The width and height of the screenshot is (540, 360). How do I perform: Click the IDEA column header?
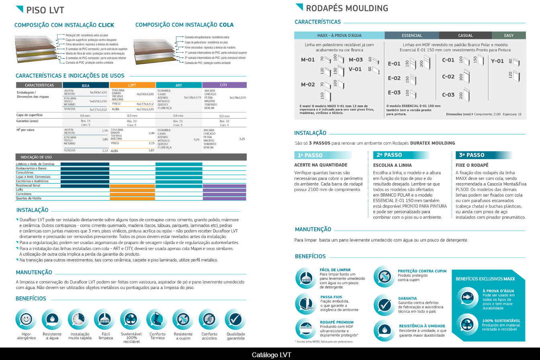coord(86,85)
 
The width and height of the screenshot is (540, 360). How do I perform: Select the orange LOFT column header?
coord(132,85)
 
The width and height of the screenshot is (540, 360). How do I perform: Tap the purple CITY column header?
coord(224,85)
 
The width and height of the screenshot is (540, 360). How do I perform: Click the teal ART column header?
coord(178,85)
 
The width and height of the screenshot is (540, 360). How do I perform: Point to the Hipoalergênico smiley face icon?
coord(26,319)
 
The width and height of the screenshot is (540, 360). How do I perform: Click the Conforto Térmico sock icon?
coord(157,319)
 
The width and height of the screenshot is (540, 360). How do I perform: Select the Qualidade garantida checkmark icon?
coord(235,319)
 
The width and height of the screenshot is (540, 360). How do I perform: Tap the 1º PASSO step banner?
coord(323,155)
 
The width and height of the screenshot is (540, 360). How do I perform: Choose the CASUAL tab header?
coord(465,35)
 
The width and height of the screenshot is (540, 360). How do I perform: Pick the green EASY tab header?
coord(509,35)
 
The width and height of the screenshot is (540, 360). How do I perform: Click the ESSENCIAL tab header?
coord(412,35)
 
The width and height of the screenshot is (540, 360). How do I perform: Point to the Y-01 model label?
coord(497,61)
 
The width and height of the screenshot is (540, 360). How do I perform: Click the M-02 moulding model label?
coord(308,84)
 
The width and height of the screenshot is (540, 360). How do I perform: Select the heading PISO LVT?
coord(45,10)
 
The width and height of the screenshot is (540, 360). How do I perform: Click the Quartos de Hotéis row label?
coord(29,198)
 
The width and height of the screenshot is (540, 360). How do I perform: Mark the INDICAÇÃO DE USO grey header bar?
coord(131,157)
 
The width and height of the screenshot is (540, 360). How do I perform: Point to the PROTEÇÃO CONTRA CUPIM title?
coord(422,271)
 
